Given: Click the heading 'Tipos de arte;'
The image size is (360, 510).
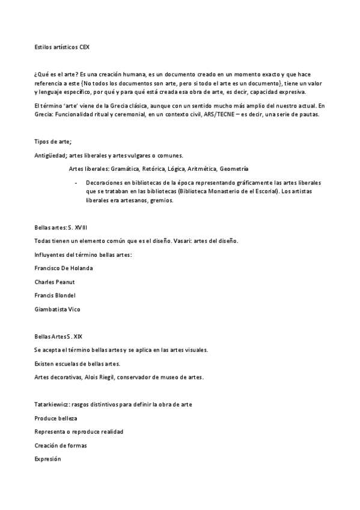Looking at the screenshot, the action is (53, 141).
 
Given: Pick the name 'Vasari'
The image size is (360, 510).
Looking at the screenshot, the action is (180, 241).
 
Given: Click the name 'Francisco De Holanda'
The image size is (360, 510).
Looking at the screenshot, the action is (64, 268).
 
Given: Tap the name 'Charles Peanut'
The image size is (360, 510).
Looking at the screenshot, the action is (55, 281).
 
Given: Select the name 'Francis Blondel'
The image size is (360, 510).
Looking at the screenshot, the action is (55, 295).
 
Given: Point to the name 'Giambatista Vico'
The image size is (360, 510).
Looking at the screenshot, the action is (57, 309).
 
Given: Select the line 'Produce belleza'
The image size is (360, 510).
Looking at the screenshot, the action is (56, 418).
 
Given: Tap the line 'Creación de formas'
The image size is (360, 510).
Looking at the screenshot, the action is (60, 445).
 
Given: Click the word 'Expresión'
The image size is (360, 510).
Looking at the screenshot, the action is (48, 459).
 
